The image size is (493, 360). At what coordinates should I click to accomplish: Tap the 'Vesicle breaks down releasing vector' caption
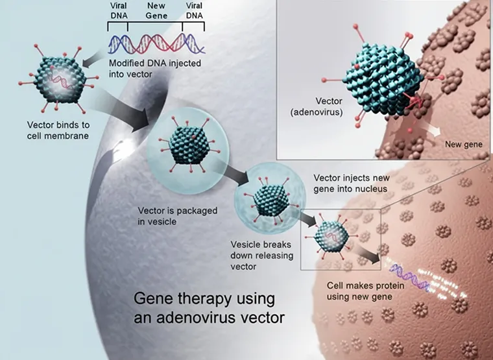pos(261,256)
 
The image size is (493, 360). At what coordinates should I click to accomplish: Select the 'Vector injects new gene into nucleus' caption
pos(350,183)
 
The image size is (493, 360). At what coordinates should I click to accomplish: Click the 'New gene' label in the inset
pos(463,143)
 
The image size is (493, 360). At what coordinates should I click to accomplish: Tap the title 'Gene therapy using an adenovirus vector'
pos(204,308)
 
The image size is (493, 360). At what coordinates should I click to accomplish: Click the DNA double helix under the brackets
pos(156,43)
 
